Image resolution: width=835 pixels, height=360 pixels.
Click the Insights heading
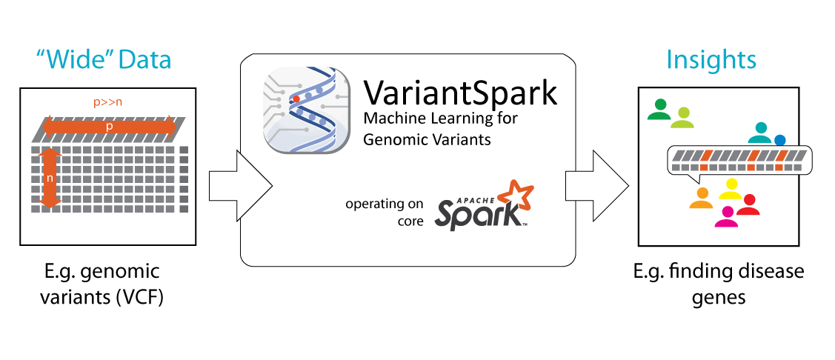tap(711, 60)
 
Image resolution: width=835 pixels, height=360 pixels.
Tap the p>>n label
tap(109, 103)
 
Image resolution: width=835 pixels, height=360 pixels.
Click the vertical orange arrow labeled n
tap(50, 178)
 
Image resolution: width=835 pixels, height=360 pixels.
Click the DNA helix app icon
tap(307, 110)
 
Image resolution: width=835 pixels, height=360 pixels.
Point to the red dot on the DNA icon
tap(296, 98)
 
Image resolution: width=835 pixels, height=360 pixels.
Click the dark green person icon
tap(659, 110)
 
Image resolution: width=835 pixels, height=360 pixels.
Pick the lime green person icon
tap(682, 118)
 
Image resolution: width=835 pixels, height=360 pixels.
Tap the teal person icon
tap(760, 133)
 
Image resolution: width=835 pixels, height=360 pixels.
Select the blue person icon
tap(779, 140)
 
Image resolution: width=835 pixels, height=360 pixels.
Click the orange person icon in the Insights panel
tap(701, 198)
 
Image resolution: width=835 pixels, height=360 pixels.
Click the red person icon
tap(748, 205)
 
